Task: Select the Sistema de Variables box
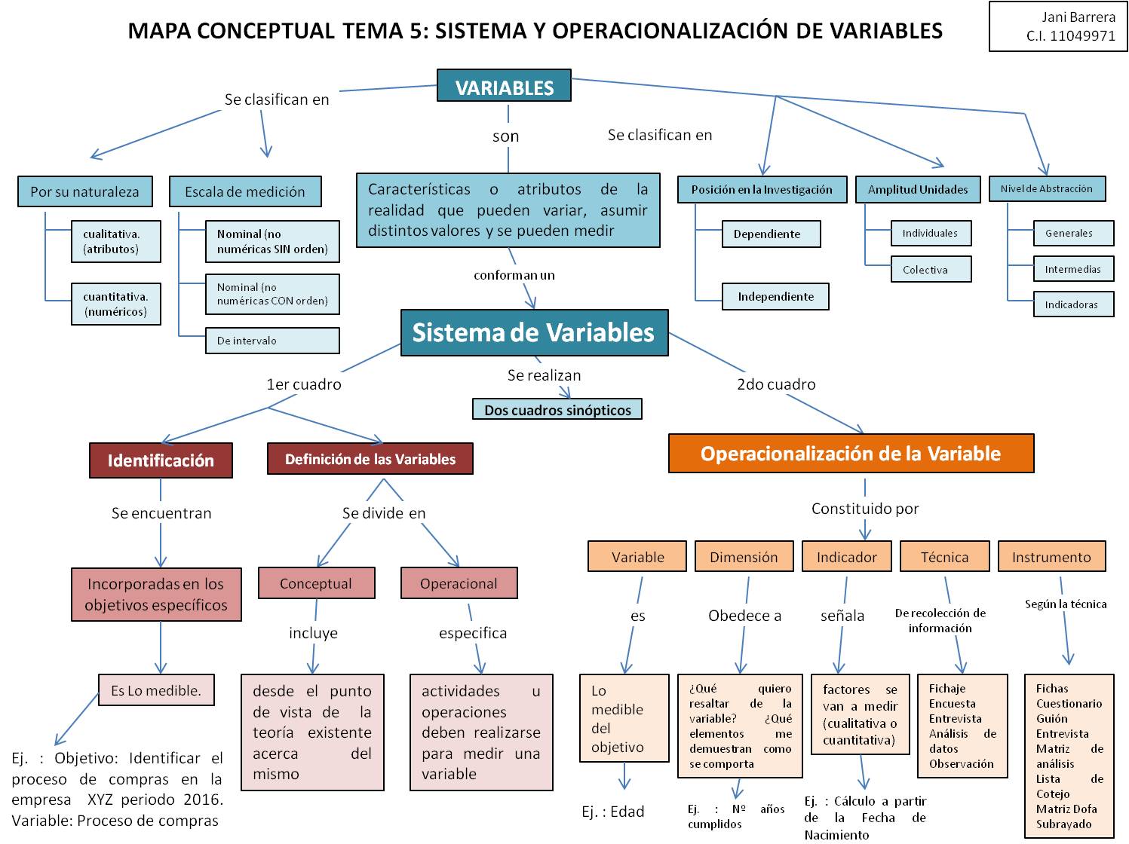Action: (x=534, y=332)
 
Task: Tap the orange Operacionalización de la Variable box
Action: (x=851, y=454)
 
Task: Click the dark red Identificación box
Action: (x=161, y=460)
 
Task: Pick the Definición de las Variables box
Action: (x=370, y=459)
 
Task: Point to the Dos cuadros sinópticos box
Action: (x=557, y=410)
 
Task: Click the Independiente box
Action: (x=775, y=297)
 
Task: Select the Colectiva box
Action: (x=931, y=270)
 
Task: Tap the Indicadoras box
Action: (x=1073, y=305)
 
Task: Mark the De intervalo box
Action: (x=272, y=341)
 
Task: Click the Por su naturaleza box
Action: (x=84, y=191)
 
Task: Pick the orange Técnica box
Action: (x=944, y=557)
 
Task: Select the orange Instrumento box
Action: (x=1051, y=557)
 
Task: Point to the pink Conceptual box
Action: (x=316, y=583)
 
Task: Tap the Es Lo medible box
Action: (x=156, y=690)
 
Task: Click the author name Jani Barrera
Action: (x=1078, y=17)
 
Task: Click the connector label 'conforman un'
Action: (x=514, y=275)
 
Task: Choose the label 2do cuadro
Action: (x=776, y=384)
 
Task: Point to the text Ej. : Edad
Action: (x=613, y=812)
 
